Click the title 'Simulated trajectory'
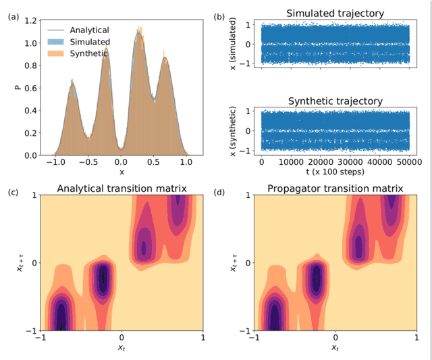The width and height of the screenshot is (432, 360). click(x=335, y=14)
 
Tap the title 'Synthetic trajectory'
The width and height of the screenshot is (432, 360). click(x=335, y=101)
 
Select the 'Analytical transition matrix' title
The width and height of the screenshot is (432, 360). click(x=121, y=188)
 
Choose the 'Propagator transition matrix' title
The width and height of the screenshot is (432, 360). click(x=335, y=188)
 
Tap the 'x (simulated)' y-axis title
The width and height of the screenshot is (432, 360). click(x=232, y=44)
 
